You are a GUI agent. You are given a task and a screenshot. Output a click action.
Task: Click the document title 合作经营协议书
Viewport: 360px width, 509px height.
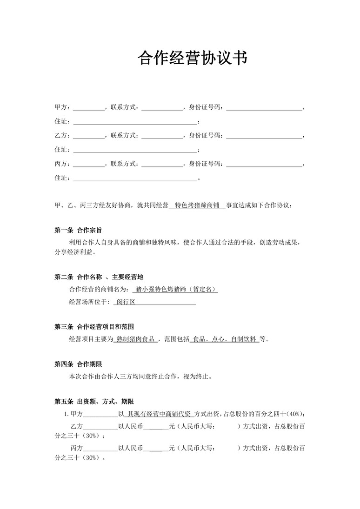click(x=192, y=58)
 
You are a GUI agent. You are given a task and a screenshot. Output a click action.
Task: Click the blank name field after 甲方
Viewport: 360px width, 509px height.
click(x=89, y=108)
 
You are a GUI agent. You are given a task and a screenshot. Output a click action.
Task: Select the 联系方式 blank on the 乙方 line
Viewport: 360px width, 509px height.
click(x=162, y=136)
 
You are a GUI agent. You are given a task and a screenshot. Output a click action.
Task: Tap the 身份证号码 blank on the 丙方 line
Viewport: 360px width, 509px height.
click(x=264, y=164)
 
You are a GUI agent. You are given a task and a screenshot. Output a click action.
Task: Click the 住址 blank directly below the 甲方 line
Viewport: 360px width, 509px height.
click(x=135, y=122)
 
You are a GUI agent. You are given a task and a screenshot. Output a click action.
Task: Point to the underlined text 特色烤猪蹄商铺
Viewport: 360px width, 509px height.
click(x=197, y=205)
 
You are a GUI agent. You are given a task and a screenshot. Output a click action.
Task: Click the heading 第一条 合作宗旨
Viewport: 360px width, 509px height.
click(x=78, y=230)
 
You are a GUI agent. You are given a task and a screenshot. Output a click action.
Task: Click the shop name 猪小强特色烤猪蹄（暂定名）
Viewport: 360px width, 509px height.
click(x=175, y=289)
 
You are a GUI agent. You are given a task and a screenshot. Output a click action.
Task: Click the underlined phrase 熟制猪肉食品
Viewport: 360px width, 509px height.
click(x=136, y=339)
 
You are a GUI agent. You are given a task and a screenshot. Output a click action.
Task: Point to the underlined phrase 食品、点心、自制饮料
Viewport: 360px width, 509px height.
click(x=225, y=339)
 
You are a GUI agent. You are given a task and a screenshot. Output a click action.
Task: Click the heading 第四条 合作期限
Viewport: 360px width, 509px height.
click(x=78, y=364)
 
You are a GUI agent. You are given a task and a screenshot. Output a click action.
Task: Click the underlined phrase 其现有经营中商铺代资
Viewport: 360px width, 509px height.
click(x=159, y=414)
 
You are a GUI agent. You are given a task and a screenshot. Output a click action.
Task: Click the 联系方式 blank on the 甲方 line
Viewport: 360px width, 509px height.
click(x=162, y=108)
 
